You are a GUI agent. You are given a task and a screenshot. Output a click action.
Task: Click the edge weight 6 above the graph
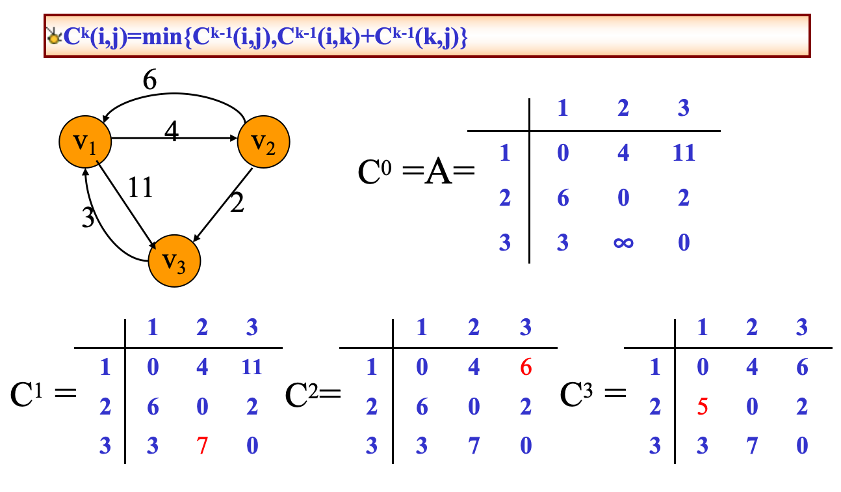pos(150,81)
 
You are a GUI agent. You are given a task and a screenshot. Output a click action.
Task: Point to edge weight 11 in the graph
pos(140,187)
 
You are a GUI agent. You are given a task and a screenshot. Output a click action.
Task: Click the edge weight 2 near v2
pos(238,204)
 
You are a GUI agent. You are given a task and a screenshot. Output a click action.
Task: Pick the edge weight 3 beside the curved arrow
pos(88,218)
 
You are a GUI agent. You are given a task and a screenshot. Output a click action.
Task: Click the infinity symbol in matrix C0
pos(623,243)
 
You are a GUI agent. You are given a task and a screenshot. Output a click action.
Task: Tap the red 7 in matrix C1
pos(202,446)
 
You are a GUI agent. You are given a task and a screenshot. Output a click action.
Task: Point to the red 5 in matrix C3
pos(701,407)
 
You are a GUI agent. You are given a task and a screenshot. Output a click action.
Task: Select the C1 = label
pos(43,394)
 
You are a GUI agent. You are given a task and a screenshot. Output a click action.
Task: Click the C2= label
pos(313,394)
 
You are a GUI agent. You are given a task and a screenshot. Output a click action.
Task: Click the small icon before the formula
pos(53,37)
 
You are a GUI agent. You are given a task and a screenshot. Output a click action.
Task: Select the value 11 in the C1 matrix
pos(252,368)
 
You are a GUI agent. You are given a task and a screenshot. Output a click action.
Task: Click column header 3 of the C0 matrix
pos(683,108)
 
